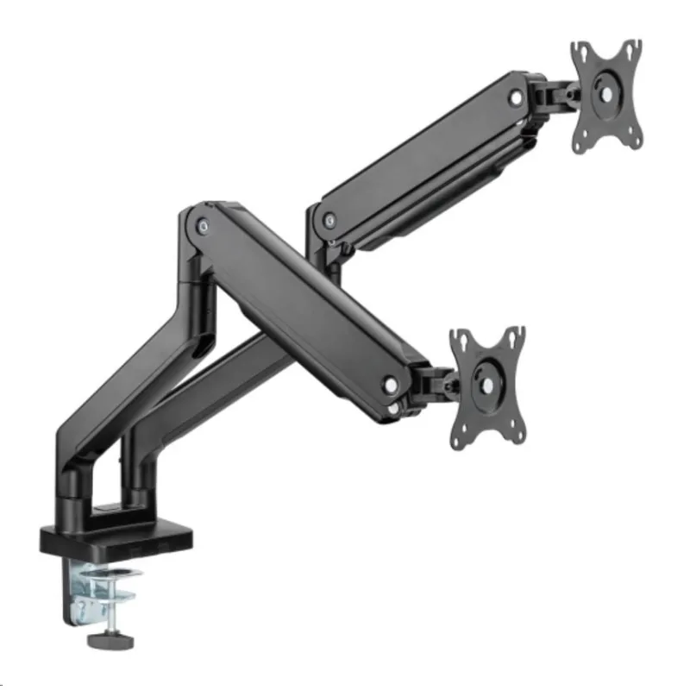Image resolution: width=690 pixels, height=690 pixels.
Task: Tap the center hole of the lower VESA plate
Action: (489, 386)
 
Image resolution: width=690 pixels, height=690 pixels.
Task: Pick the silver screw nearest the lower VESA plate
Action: (392, 386)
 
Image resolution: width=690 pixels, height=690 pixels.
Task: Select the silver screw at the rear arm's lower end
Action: (329, 221)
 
